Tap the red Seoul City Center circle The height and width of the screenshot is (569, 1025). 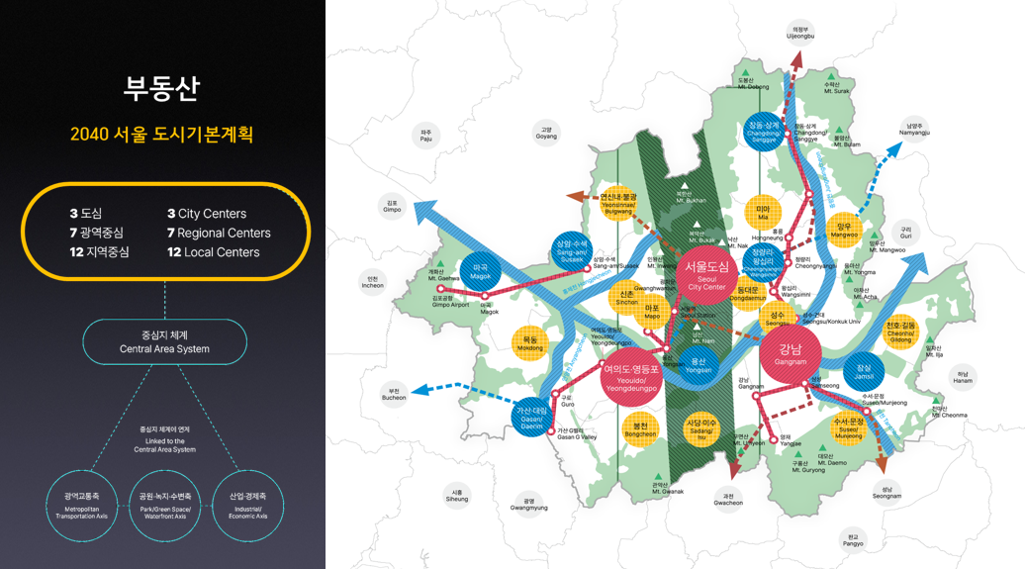tap(705, 273)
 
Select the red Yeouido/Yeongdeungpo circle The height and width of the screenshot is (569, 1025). tap(630, 376)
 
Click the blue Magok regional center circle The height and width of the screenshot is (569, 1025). tap(481, 271)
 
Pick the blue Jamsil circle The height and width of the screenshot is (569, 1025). tap(864, 372)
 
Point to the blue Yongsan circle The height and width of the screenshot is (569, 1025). tap(698, 365)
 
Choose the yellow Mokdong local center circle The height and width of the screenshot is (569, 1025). tap(530, 343)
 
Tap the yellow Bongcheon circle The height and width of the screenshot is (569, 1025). tap(641, 429)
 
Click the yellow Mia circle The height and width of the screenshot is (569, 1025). tap(763, 213)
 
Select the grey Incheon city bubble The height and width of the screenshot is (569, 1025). tap(373, 281)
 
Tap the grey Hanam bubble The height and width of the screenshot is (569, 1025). tap(963, 376)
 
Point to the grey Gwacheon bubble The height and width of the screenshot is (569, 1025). tap(728, 498)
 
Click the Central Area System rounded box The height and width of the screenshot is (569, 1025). tap(164, 342)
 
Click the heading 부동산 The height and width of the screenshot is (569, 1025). tap(161, 88)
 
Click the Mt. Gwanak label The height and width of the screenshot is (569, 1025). tap(668, 488)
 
